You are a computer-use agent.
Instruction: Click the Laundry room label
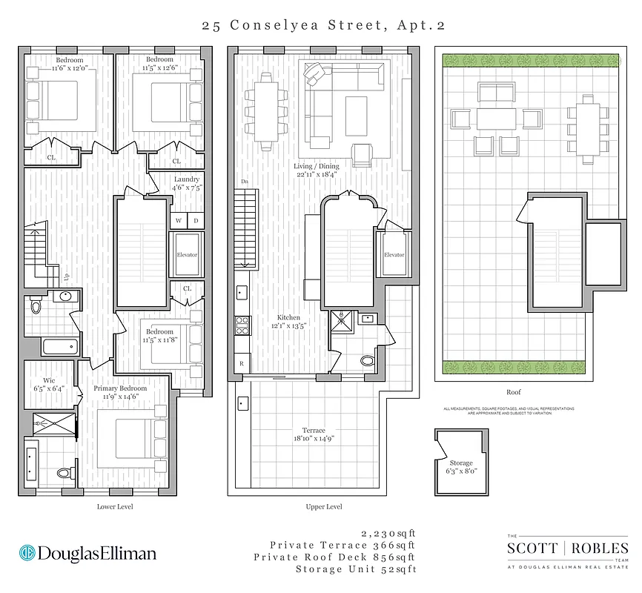186,179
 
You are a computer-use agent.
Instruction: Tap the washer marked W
179,220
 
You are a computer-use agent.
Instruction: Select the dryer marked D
196,220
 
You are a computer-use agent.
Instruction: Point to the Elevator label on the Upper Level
394,255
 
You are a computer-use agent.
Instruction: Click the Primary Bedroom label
120,388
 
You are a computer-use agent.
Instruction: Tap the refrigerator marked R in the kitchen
242,364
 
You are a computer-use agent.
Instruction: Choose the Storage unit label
460,463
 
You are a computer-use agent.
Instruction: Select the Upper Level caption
323,507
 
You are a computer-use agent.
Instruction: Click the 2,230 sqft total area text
388,533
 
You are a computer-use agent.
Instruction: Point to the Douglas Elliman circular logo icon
27,553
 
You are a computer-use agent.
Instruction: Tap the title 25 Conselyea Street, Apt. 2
323,25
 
